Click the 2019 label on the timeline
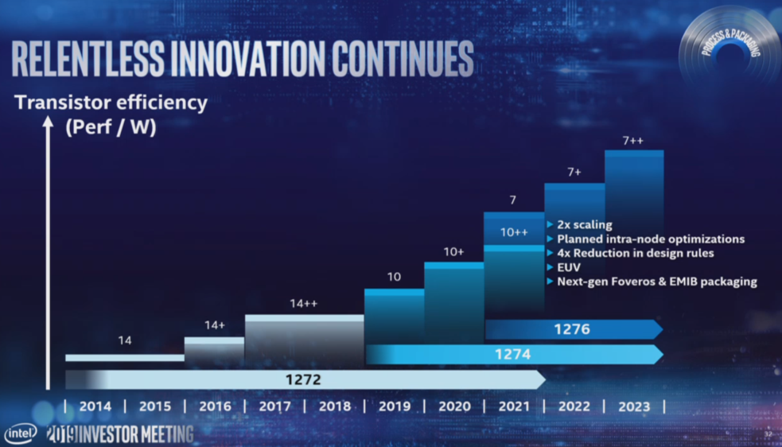[x=395, y=406]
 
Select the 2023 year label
[x=634, y=406]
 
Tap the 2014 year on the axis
[x=95, y=406]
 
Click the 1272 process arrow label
[x=303, y=379]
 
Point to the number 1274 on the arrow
[x=512, y=354]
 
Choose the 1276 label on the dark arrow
[x=572, y=328]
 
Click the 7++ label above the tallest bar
[x=633, y=141]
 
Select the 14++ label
[x=303, y=303]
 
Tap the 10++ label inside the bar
[x=513, y=232]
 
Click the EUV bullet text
[x=569, y=267]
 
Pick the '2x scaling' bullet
[x=584, y=225]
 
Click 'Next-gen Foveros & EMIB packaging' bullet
[x=656, y=282]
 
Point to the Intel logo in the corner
[x=20, y=433]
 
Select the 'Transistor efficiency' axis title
[x=111, y=103]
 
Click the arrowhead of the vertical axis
[x=49, y=123]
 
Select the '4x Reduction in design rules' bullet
[x=635, y=253]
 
